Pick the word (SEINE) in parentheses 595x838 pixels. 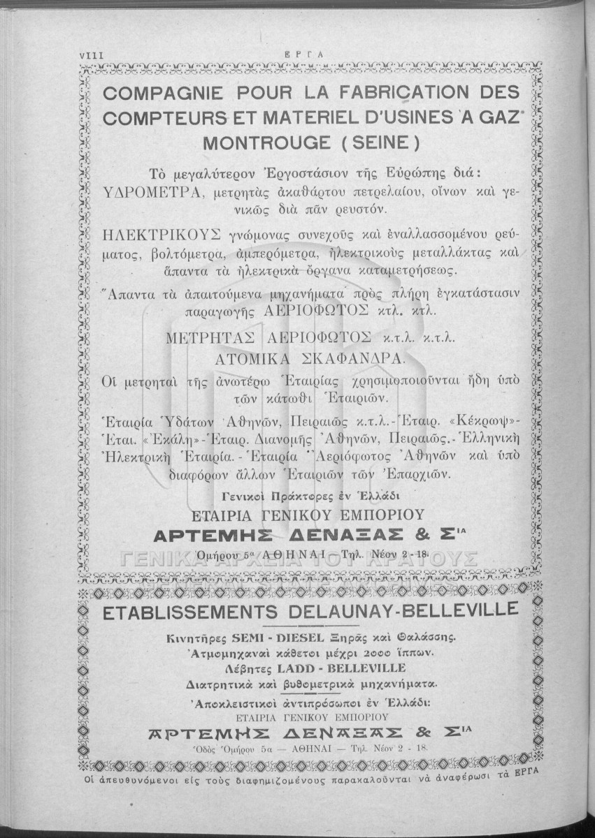386,143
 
